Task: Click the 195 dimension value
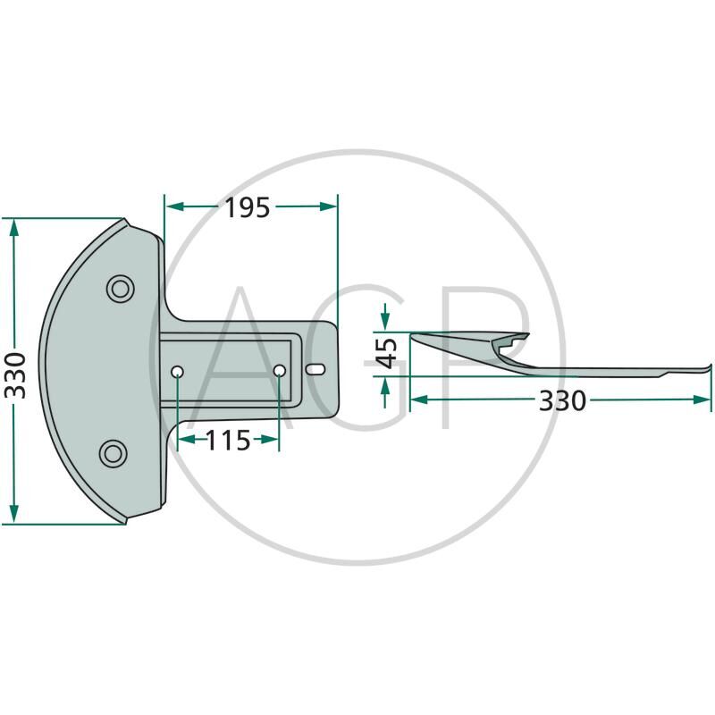click(248, 207)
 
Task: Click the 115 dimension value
click(228, 440)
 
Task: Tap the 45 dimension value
click(386, 353)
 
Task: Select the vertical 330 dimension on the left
click(15, 375)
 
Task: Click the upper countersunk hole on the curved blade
click(121, 289)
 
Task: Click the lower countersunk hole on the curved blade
click(114, 454)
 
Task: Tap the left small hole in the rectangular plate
click(177, 372)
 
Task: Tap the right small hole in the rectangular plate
click(280, 371)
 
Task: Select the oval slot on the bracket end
click(315, 369)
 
